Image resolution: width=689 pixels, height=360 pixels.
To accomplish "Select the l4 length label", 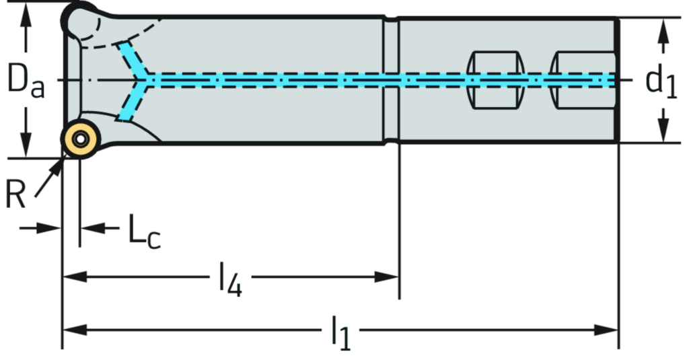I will [x=229, y=277].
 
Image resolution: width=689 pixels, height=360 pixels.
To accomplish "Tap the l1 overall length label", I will [x=340, y=330].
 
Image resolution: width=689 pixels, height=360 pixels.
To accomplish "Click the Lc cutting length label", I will [x=144, y=231].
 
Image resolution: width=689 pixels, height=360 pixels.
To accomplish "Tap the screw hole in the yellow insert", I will [x=80, y=140].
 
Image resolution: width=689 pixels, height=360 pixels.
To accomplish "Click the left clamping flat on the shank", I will [x=495, y=79].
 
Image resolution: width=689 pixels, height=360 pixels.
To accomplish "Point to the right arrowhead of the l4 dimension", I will [x=389, y=277].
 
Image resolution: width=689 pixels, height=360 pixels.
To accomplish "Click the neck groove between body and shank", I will [x=391, y=79].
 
